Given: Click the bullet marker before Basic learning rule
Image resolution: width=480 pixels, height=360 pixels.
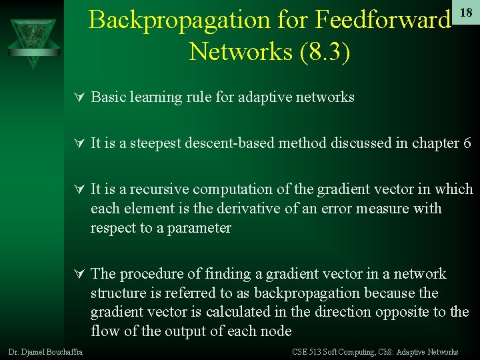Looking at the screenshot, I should pos(78,98).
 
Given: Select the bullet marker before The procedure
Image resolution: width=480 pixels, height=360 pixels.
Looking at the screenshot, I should pos(78,275).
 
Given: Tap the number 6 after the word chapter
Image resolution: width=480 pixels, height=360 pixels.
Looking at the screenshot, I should pos(467,143).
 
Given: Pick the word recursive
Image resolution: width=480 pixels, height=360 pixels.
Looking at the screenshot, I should pos(157,189).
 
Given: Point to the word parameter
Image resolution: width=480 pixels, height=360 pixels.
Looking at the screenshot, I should pos(199,228).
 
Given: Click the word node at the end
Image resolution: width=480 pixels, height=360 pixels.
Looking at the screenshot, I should pos(278,331).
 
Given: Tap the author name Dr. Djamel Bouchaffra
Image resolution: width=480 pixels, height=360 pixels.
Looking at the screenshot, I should pos(45,352).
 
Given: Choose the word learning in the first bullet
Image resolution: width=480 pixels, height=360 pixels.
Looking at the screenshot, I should pos(153,97).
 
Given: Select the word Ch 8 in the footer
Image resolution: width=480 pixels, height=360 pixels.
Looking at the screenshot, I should pos(385,352).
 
